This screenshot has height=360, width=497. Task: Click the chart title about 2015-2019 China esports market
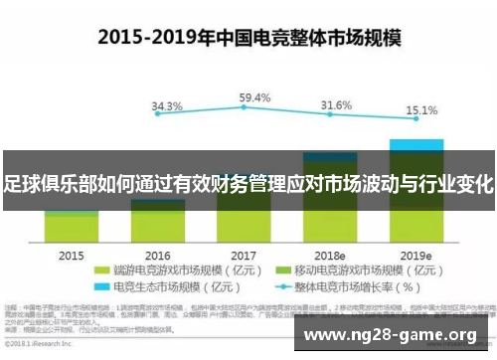248,37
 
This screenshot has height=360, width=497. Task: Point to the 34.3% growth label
167,105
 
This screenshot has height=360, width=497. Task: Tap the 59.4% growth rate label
255,97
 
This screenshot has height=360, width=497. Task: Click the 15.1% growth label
416,109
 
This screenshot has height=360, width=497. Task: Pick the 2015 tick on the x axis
72,255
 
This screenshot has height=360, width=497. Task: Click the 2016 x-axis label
158,255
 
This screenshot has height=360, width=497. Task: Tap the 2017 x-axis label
244,255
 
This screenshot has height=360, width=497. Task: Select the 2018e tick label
330,255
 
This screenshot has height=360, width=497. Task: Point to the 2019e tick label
416,255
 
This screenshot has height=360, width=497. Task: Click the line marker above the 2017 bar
245,112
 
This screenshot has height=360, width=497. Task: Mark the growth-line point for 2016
158,122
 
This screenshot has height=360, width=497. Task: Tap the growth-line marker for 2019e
416,124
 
